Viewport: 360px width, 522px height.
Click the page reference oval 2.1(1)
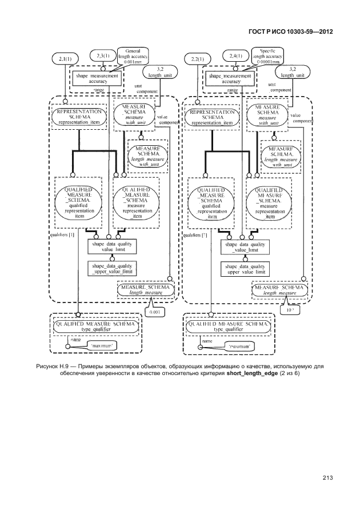65,59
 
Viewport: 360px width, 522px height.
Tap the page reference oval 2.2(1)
197,59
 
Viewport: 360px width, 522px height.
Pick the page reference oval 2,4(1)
236,55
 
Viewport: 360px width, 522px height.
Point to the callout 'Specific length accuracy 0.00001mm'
268,58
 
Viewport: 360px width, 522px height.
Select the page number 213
327,478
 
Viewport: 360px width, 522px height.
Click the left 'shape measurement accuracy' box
97,78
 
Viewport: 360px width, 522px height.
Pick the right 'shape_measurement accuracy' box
229,78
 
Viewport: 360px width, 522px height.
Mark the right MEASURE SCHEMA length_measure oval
279,290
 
